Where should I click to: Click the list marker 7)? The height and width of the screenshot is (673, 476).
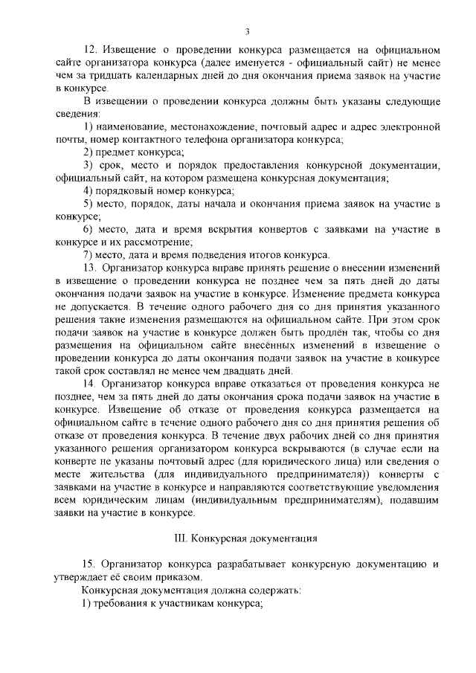pyautogui.click(x=88, y=254)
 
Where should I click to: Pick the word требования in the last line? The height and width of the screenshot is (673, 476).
pyautogui.click(x=120, y=603)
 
